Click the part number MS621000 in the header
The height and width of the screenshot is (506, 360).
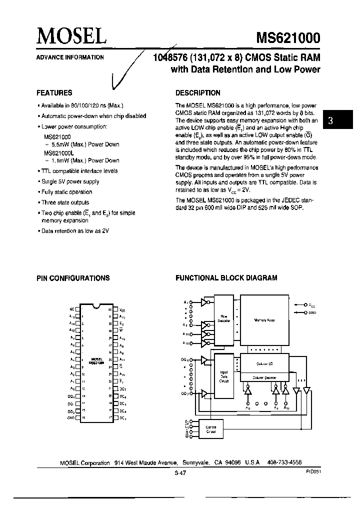pos(288,38)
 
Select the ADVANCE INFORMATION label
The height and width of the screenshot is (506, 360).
pos(70,57)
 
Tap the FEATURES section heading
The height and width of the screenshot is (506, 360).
pos(54,93)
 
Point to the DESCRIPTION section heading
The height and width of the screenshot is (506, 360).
pos(198,93)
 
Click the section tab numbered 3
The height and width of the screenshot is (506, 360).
pos(331,120)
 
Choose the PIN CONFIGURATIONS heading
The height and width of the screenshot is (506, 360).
pos(73,278)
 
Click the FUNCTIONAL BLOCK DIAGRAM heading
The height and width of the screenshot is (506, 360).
pos(226,278)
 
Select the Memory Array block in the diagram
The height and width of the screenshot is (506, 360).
pos(264,320)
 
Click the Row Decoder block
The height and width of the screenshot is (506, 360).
pos(223,318)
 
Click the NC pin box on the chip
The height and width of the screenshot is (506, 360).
pos(77,309)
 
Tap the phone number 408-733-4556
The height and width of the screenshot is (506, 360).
pos(281,463)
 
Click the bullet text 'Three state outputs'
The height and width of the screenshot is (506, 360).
pos(65,202)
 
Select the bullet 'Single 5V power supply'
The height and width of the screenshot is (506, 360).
pos(70,181)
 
